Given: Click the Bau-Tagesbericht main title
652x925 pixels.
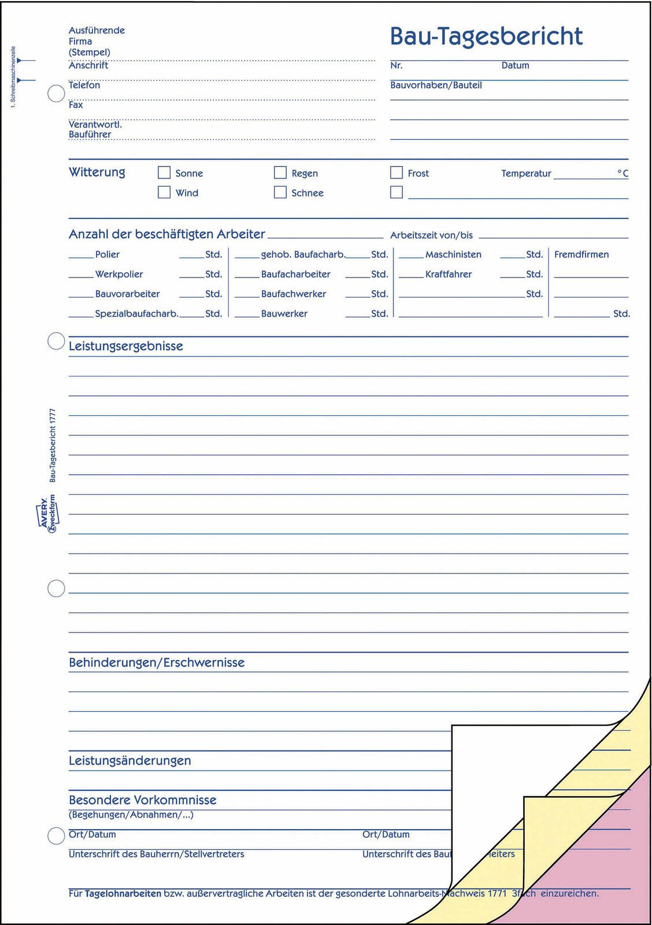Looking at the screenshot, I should [x=486, y=36].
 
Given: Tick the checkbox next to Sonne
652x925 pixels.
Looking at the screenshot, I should [x=164, y=173].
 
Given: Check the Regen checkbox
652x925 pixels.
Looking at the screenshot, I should [x=280, y=173].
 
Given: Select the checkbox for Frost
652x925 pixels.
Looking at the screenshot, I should [x=397, y=173].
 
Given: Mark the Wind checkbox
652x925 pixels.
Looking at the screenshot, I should [x=164, y=193].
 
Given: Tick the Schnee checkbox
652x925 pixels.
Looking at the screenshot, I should [x=280, y=193].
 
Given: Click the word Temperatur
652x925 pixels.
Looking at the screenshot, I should [x=526, y=173].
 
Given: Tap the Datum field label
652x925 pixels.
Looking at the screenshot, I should [x=515, y=65].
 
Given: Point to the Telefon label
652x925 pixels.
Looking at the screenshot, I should [x=84, y=85].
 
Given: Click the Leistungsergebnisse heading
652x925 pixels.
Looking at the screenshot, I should [x=126, y=346].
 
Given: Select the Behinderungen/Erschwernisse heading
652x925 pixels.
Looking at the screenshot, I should [x=157, y=663].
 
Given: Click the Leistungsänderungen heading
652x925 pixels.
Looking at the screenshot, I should [x=130, y=761].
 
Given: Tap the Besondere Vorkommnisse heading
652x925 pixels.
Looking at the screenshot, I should [x=143, y=800].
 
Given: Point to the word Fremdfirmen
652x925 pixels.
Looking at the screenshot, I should [x=581, y=254].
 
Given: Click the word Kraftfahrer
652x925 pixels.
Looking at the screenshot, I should [x=449, y=274].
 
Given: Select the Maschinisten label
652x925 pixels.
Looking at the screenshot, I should [x=453, y=254].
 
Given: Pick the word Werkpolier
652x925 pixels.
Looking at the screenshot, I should [x=119, y=274].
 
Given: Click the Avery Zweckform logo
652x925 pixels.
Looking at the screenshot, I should [x=46, y=513].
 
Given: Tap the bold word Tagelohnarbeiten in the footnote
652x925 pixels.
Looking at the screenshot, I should [x=123, y=893].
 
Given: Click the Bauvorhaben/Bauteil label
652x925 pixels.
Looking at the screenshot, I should [x=436, y=85].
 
